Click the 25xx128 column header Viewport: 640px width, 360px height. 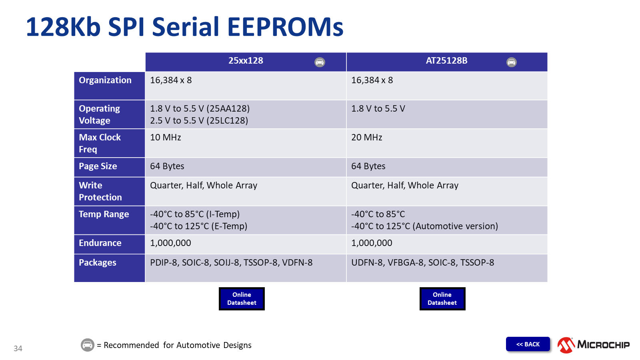click(x=246, y=60)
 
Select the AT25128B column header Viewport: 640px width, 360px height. click(x=446, y=60)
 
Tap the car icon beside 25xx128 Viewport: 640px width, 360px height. click(x=320, y=62)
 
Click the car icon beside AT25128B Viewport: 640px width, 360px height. click(x=512, y=62)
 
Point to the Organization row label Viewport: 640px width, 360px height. click(x=105, y=80)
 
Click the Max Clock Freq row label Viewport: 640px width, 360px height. click(x=100, y=143)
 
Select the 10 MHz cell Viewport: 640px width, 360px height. click(x=166, y=138)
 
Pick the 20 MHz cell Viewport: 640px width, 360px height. click(x=366, y=138)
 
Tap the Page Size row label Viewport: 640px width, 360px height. click(x=98, y=166)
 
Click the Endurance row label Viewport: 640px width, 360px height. click(x=100, y=243)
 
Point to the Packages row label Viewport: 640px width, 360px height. click(x=98, y=262)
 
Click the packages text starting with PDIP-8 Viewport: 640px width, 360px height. click(x=231, y=262)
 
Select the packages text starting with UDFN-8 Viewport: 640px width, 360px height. click(x=422, y=262)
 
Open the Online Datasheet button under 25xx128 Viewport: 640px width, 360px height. click(x=242, y=298)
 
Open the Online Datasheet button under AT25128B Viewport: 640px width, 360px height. click(x=442, y=298)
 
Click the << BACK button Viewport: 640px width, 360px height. click(x=528, y=344)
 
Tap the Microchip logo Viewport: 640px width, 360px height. click(x=594, y=345)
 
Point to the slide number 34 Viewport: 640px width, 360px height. click(x=18, y=348)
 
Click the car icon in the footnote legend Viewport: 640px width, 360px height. click(x=88, y=345)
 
